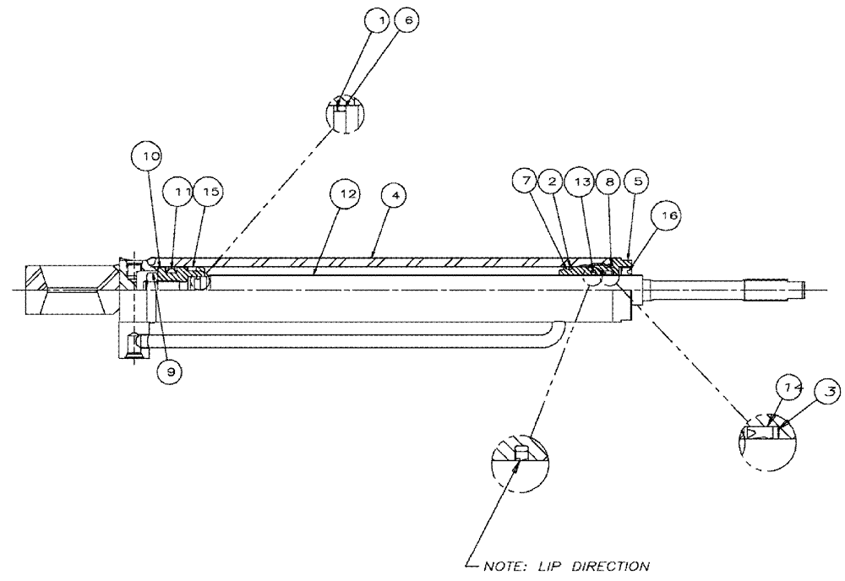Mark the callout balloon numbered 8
(x=610, y=180)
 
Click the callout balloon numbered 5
(x=636, y=180)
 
